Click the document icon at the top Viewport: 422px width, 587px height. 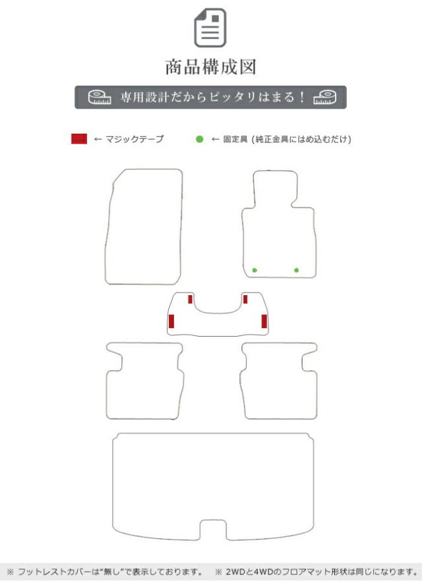click(x=210, y=28)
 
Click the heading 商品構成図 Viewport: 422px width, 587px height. click(x=210, y=67)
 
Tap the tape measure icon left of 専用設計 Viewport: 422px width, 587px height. click(x=100, y=98)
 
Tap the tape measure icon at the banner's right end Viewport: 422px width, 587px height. click(x=325, y=98)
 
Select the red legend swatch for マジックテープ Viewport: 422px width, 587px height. click(x=79, y=139)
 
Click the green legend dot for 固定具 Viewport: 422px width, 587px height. click(x=199, y=139)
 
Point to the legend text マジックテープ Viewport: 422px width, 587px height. click(x=134, y=139)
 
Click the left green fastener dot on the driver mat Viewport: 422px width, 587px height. click(x=255, y=270)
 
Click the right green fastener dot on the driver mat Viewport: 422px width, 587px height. click(x=297, y=270)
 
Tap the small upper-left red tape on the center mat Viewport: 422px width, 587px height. click(x=191, y=299)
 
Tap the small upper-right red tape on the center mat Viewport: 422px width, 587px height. click(x=245, y=299)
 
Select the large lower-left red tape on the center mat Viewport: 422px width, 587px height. click(x=171, y=321)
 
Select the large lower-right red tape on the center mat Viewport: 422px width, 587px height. click(x=264, y=321)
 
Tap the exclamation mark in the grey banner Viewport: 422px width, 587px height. click(x=302, y=98)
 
